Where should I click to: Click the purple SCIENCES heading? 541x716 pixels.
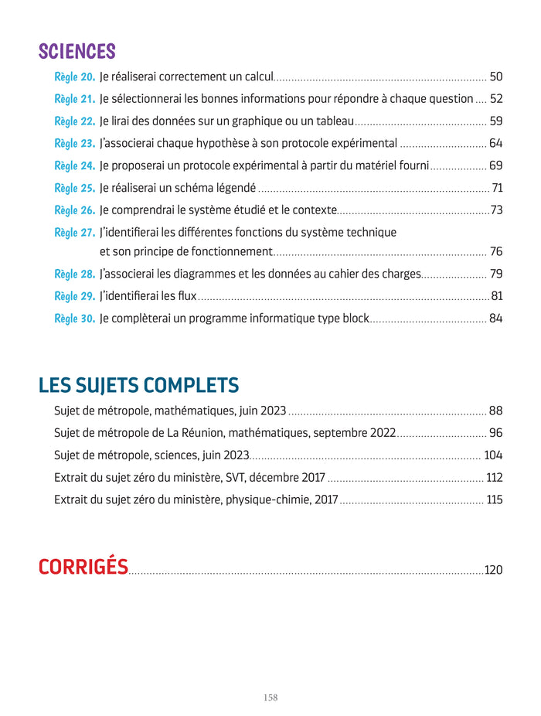[x=77, y=52]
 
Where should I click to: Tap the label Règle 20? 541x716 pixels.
[x=75, y=77]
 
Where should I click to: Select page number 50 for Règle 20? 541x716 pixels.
[x=495, y=77]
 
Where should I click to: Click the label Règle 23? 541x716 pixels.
[x=75, y=143]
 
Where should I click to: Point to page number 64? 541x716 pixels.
[x=495, y=143]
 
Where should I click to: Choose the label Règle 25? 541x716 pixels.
[x=75, y=188]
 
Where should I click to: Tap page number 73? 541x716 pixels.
[x=496, y=210]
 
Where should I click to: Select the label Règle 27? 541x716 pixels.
[x=75, y=233]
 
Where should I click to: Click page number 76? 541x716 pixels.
[x=495, y=251]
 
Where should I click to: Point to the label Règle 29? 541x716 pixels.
[x=75, y=296]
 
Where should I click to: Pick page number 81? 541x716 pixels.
[x=497, y=296]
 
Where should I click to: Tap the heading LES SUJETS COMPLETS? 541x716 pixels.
[x=138, y=385]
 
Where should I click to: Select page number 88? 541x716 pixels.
[x=495, y=411]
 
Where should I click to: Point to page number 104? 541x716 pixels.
[x=493, y=455]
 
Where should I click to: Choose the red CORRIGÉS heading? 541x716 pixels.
[x=83, y=567]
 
